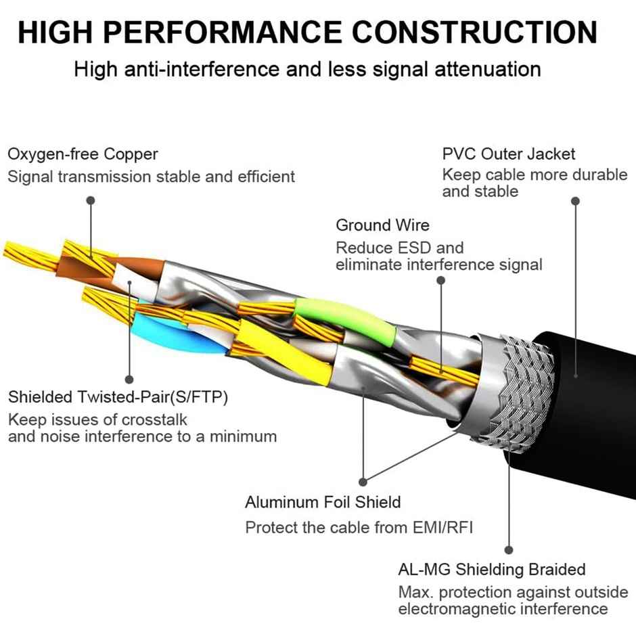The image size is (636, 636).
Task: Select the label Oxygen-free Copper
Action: [x=83, y=154]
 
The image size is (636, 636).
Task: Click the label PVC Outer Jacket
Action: [x=509, y=154]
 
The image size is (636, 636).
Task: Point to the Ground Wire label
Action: [x=382, y=225]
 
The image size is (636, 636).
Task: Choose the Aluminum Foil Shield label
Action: [x=323, y=502]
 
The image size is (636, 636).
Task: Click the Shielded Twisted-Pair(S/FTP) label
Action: [x=118, y=397]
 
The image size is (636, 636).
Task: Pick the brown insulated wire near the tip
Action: [x=139, y=265]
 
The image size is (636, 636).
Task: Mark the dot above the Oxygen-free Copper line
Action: [x=91, y=201]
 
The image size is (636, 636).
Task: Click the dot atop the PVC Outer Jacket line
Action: [x=576, y=201]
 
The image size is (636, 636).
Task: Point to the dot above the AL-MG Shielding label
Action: [x=509, y=550]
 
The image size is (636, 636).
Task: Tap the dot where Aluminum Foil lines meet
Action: [x=363, y=482]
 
